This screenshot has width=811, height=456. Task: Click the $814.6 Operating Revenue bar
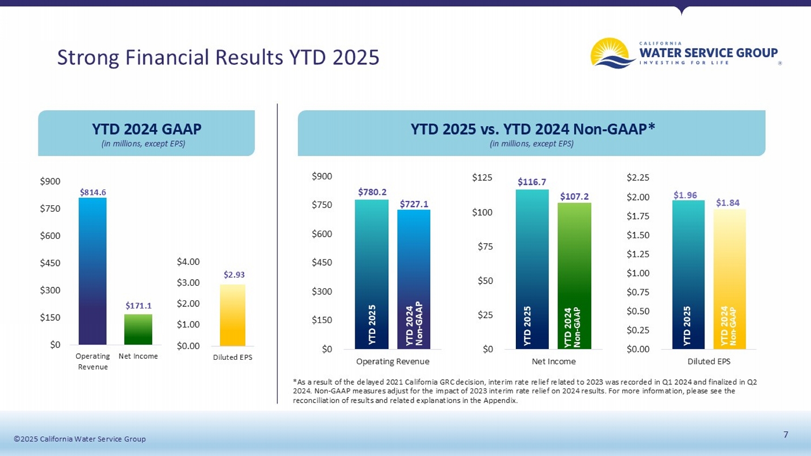92,271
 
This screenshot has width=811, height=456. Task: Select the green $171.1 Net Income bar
138,329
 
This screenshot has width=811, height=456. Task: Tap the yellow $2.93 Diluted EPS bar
232,315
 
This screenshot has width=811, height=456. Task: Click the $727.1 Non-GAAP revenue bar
414,279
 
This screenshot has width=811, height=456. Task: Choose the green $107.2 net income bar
574,276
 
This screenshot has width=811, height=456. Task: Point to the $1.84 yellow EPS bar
729,278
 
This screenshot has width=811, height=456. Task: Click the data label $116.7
532,182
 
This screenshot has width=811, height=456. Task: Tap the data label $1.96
685,195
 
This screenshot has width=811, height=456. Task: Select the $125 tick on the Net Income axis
482,177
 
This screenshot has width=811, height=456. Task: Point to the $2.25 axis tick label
638,177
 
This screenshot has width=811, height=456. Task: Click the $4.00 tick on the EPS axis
188,261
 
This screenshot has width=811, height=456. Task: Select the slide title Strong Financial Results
218,57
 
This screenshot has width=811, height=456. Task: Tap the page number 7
786,434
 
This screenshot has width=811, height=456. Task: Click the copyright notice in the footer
80,439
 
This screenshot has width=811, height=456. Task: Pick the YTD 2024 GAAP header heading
147,129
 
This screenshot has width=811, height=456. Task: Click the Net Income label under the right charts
554,361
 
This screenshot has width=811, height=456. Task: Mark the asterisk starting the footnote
295,381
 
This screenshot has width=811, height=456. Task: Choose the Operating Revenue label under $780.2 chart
393,361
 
